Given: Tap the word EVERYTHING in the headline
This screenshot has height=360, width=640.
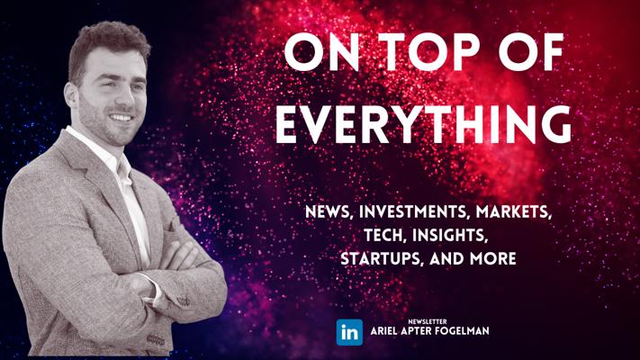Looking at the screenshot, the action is [423, 124].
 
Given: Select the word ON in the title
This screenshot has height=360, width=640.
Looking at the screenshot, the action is [322, 52].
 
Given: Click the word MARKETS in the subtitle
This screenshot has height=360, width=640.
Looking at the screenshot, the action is [514, 211].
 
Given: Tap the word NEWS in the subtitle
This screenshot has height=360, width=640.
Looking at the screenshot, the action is [329, 211].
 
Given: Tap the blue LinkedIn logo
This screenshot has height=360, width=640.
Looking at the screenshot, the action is [349, 332].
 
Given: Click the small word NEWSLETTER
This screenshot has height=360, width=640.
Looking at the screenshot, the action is [428, 321].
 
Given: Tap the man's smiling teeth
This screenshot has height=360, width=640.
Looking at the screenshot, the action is [122, 118].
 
